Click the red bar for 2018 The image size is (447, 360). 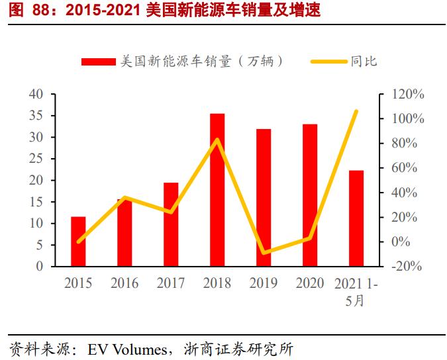pos(217,190)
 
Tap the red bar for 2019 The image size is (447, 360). pos(264,197)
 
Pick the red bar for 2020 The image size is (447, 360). pos(310,195)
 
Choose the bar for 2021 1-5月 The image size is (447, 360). pos(356,218)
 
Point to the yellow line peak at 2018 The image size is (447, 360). pos(217,140)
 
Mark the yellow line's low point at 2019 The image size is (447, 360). pos(264,253)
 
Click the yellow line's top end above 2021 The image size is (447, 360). pos(356,111)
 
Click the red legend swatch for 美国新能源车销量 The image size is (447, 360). pos(99,62)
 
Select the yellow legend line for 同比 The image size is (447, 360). pos(328,62)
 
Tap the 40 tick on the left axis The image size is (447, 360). pos(36,94)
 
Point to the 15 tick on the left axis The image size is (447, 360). pos(36,202)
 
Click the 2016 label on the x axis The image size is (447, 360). pos(124,283)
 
